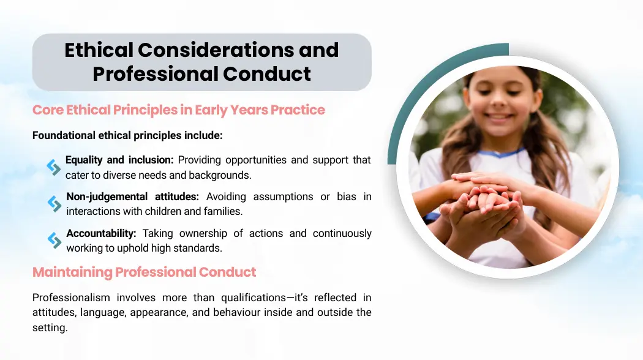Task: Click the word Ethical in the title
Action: point(99,50)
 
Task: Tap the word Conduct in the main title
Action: point(267,74)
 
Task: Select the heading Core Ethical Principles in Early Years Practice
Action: point(178,110)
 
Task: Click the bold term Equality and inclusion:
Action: point(119,160)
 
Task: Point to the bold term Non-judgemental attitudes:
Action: point(132,197)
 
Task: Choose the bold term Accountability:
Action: point(101,233)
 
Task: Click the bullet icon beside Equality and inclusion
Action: point(54,167)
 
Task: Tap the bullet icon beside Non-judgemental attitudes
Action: point(54,204)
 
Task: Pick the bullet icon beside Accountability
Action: point(54,241)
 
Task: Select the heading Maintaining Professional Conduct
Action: point(144,272)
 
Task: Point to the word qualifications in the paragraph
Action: point(254,298)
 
